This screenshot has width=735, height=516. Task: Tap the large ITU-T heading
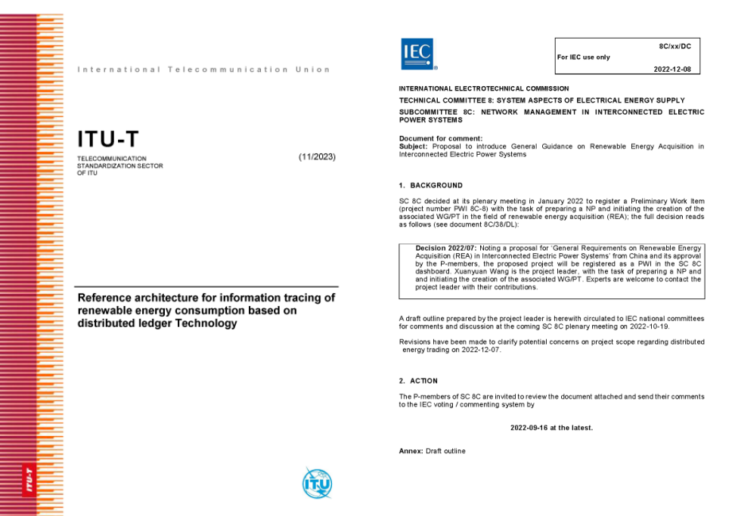pyautogui.click(x=108, y=140)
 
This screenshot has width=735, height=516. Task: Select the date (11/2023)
pyautogui.click(x=317, y=156)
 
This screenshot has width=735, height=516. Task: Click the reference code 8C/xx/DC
pyautogui.click(x=675, y=46)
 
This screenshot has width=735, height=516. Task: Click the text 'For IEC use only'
pyautogui.click(x=583, y=57)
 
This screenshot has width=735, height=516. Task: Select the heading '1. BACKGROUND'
pyautogui.click(x=430, y=185)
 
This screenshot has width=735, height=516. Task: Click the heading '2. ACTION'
pyautogui.click(x=418, y=381)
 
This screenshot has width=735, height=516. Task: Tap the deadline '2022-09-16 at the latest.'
pyautogui.click(x=551, y=428)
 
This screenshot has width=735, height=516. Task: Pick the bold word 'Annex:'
pyautogui.click(x=411, y=451)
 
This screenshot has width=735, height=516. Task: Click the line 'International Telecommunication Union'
pyautogui.click(x=203, y=70)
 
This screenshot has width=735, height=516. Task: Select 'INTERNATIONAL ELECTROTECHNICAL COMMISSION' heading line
pyautogui.click(x=484, y=89)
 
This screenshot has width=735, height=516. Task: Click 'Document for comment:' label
pyautogui.click(x=440, y=138)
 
